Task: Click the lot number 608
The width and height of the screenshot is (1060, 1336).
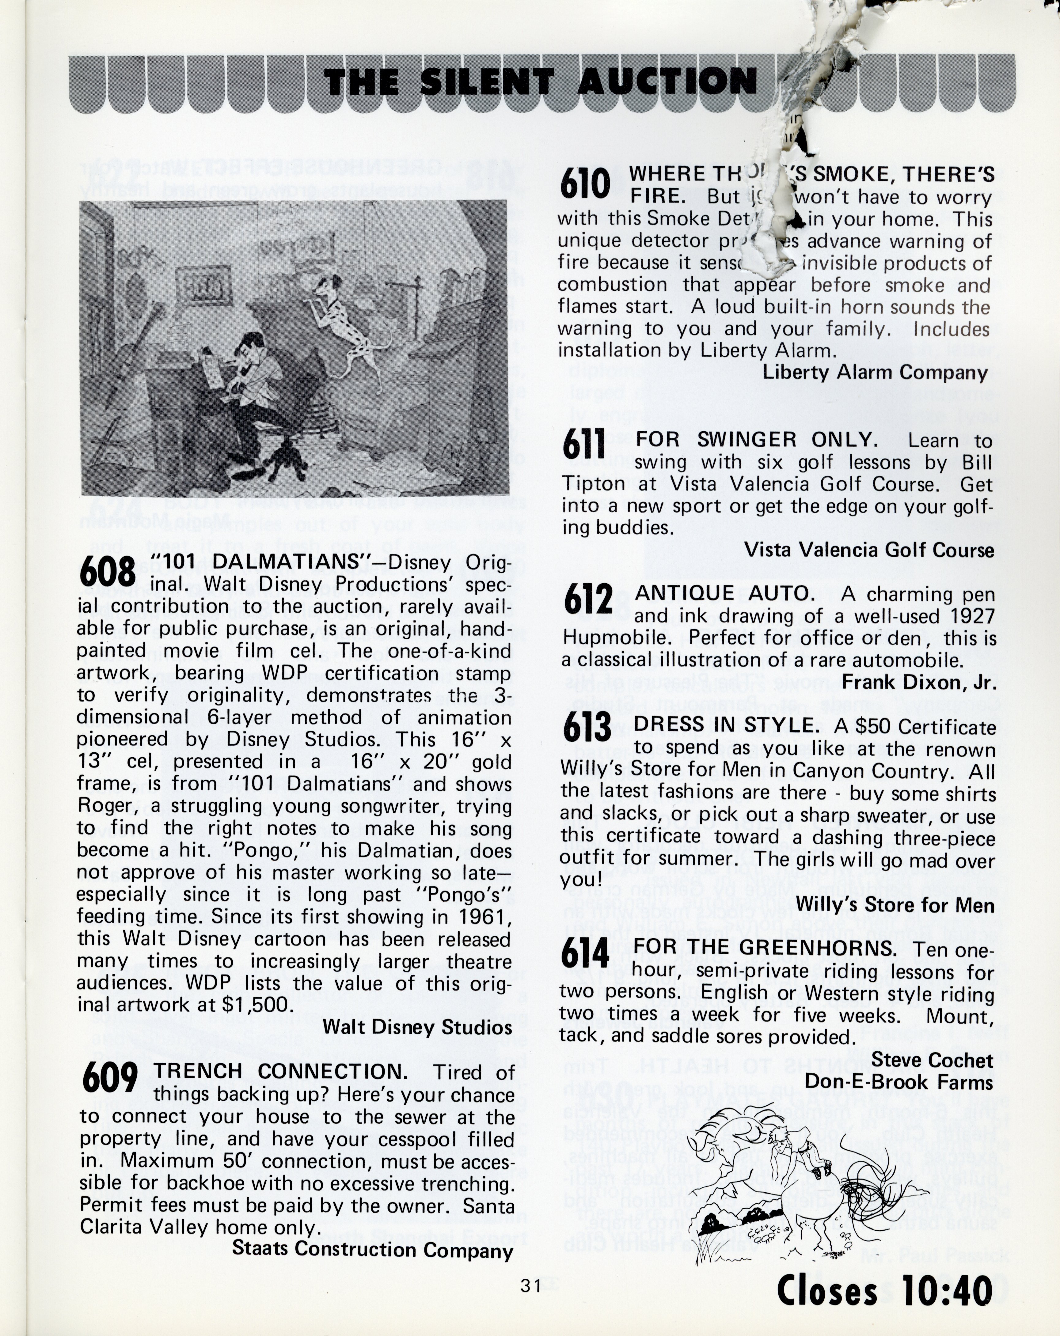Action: coord(107,571)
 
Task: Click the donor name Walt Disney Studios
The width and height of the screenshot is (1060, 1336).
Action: coord(417,1027)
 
